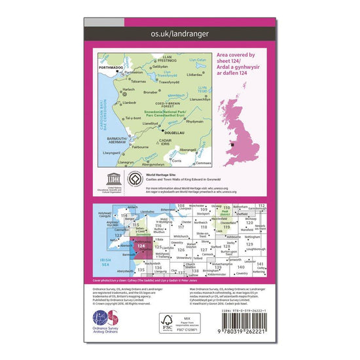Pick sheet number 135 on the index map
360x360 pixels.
coord(141,270)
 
